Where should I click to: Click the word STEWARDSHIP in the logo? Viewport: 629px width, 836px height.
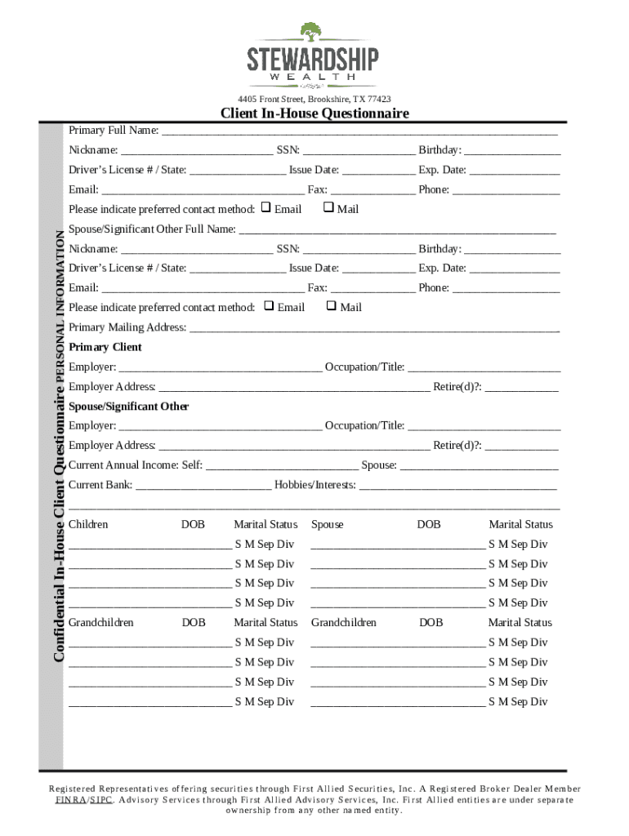click(313, 60)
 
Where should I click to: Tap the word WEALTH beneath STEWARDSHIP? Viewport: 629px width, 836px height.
click(313, 77)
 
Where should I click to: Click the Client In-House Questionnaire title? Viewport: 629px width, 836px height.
click(314, 113)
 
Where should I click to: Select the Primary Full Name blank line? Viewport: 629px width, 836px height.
click(359, 131)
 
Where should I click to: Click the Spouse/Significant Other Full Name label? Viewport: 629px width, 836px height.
click(152, 229)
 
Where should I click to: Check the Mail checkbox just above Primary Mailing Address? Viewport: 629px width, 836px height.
click(331, 306)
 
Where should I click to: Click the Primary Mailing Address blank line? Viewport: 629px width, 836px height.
click(374, 328)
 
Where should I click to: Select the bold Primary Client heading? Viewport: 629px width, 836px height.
click(105, 347)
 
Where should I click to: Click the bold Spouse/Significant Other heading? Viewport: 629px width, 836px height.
click(129, 407)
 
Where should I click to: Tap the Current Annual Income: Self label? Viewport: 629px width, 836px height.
click(136, 465)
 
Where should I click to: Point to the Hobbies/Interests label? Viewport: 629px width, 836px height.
click(315, 485)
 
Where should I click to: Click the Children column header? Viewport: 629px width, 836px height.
click(88, 524)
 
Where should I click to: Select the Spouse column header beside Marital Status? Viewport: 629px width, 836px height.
click(328, 524)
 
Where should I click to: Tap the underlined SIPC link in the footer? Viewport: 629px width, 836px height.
click(101, 800)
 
